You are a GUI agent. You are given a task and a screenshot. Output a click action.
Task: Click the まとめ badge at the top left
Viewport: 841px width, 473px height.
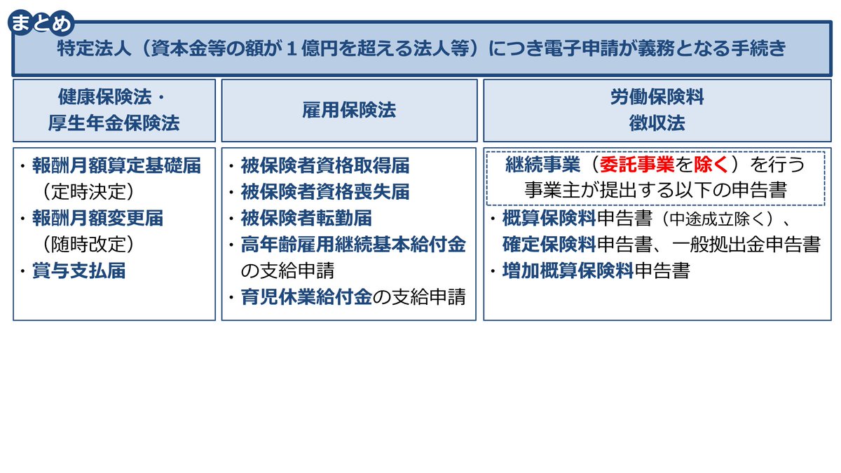click(x=41, y=24)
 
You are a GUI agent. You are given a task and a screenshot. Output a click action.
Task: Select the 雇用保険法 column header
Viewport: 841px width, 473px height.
click(x=349, y=110)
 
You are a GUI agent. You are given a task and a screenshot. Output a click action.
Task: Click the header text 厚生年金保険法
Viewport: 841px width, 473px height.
click(x=114, y=123)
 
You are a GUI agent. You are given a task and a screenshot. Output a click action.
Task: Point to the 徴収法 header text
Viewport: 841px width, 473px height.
click(x=656, y=123)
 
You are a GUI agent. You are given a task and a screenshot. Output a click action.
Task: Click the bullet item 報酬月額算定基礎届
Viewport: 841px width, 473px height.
click(x=116, y=165)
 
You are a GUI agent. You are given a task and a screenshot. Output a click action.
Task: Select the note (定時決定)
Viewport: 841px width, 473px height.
click(x=88, y=191)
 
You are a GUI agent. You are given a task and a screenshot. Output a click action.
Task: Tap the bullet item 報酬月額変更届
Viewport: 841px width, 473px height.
click(x=97, y=218)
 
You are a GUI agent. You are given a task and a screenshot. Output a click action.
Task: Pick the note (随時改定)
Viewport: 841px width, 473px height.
click(x=88, y=245)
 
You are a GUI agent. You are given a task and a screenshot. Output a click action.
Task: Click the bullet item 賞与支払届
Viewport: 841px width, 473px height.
click(x=78, y=271)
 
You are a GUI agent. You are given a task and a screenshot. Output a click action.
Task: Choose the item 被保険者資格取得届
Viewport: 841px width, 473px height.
click(x=325, y=165)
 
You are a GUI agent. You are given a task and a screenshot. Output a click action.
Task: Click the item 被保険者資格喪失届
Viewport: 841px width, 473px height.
click(x=325, y=192)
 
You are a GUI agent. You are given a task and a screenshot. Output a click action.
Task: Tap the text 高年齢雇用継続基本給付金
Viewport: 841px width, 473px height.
click(x=353, y=245)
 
